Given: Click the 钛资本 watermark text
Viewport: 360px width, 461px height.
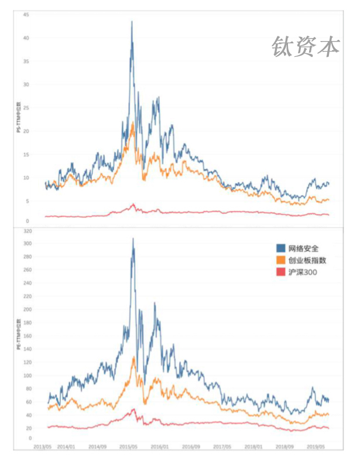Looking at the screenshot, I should [306, 46].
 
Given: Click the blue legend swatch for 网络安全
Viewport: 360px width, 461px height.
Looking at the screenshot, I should [282, 248].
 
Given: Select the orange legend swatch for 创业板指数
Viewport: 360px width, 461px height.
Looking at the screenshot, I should [282, 260].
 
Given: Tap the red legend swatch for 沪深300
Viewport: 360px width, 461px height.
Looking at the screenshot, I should [282, 272].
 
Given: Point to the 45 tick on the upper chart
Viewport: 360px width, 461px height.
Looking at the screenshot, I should [26, 15].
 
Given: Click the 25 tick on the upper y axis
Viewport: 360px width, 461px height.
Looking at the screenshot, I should [26, 108].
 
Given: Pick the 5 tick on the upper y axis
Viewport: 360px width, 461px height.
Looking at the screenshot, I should [27, 201].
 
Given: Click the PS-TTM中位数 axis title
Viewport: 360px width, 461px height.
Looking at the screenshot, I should [18, 118].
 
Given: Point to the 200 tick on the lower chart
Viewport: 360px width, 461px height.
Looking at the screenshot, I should [25, 309].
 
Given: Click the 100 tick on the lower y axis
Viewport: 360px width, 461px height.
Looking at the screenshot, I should [25, 375].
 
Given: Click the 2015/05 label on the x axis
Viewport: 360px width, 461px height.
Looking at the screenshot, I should [129, 447].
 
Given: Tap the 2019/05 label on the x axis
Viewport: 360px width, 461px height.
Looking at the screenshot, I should [316, 447].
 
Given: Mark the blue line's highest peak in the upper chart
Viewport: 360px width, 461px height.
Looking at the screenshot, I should [132, 22].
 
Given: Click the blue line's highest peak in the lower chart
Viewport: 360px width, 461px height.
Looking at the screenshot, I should [133, 238].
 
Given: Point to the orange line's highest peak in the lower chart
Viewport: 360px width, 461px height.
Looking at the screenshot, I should [134, 357].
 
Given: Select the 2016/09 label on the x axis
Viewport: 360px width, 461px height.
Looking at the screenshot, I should [190, 447].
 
